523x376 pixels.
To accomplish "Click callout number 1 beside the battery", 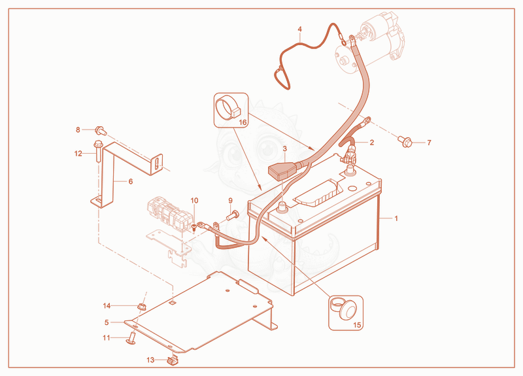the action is (x=396, y=218).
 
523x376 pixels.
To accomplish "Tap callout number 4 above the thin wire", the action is (x=300, y=29).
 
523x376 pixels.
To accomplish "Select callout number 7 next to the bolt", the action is (x=430, y=143).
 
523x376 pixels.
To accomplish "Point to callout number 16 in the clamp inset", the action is (x=243, y=122).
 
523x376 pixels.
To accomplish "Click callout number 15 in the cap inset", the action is (x=357, y=325).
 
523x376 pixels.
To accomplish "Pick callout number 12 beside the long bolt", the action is (x=78, y=154).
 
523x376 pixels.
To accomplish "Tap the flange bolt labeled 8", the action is (x=101, y=130).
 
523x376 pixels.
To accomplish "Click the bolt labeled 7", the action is (x=405, y=141).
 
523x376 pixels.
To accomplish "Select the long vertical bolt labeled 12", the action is (x=97, y=151).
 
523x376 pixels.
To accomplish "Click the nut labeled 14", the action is (x=141, y=306).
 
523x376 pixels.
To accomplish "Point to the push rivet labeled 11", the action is (x=132, y=338).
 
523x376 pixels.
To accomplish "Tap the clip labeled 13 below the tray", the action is (x=173, y=361).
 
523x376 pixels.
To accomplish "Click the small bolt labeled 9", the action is (x=233, y=215).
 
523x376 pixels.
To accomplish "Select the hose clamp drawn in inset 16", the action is (x=228, y=109).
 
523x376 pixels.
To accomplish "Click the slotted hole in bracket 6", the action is (x=156, y=165).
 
